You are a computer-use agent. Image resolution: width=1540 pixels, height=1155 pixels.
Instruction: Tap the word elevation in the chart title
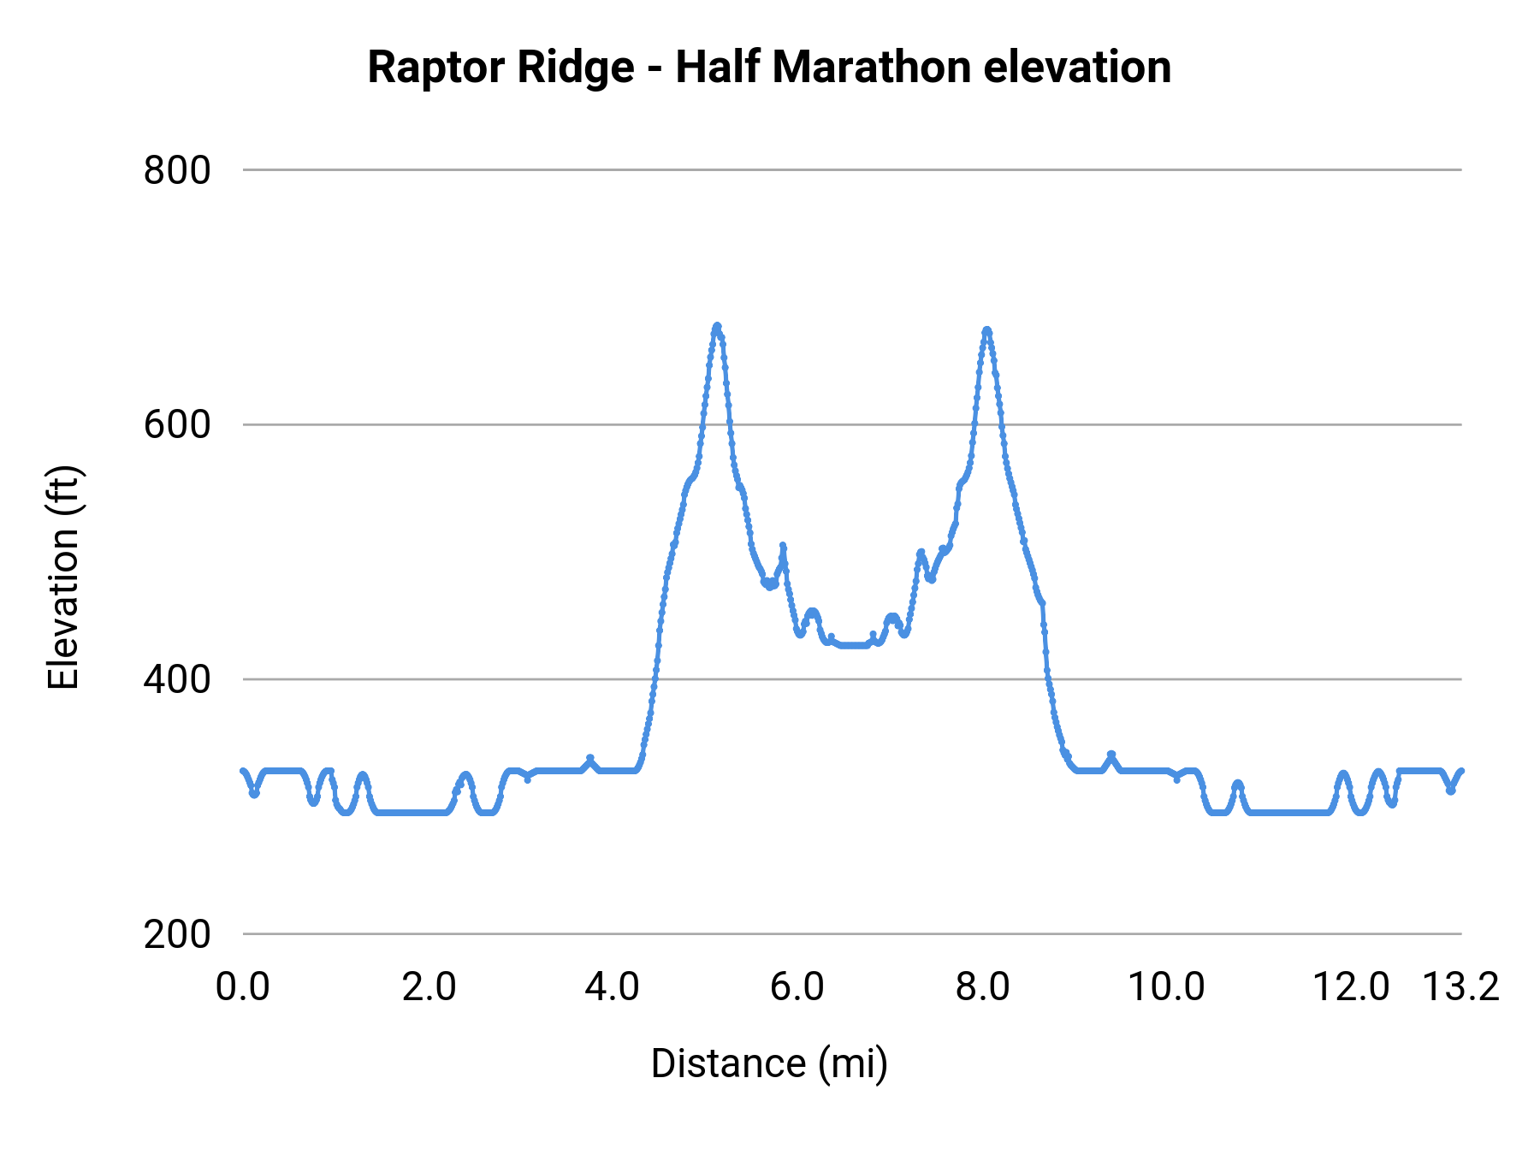coord(1077,68)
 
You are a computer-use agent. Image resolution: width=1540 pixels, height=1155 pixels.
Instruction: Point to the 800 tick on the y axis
coord(177,170)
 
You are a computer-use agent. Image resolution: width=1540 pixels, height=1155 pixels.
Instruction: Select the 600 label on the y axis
coord(177,424)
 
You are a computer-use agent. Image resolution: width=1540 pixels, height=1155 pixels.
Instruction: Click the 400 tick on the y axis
coord(177,679)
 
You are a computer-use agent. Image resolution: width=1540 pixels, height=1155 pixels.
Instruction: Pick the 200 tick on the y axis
coord(177,934)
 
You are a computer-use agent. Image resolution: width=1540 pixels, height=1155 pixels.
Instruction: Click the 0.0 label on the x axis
coord(243,986)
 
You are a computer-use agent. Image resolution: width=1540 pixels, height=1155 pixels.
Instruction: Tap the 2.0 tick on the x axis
coord(429,986)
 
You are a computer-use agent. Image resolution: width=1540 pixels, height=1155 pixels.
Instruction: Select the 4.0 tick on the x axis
coord(612,986)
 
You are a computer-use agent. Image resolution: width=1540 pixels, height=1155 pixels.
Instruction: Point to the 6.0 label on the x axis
coord(797,986)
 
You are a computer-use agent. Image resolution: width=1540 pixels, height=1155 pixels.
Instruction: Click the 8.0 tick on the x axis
coord(982,986)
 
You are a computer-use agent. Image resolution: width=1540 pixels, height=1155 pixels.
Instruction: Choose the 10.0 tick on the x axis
coord(1166,986)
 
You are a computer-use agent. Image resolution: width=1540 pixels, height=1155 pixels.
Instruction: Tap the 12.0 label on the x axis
coord(1351,986)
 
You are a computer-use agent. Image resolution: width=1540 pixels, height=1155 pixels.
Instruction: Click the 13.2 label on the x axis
coord(1460,986)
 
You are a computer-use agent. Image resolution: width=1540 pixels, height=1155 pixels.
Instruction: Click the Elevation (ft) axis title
coord(63,577)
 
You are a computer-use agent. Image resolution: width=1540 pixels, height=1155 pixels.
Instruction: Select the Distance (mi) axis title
coord(769,1063)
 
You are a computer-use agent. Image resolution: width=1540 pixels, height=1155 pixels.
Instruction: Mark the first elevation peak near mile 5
coord(717,326)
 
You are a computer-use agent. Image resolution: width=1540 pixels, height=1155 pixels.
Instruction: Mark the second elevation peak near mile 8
coord(986,329)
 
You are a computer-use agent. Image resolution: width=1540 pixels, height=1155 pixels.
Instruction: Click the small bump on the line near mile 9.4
coord(1111,755)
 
